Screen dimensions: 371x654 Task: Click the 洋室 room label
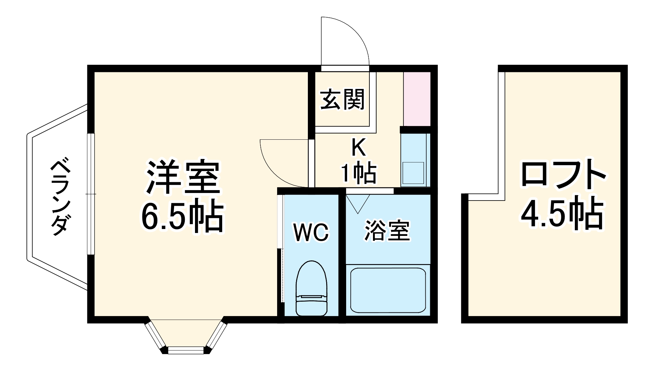(x=183, y=177)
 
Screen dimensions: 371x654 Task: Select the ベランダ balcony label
(x=60, y=197)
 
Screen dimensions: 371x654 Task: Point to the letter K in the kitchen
(x=358, y=148)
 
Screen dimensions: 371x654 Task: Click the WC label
(x=311, y=232)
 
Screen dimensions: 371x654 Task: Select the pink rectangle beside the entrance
(x=416, y=98)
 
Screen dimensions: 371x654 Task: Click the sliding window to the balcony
(x=91, y=194)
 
